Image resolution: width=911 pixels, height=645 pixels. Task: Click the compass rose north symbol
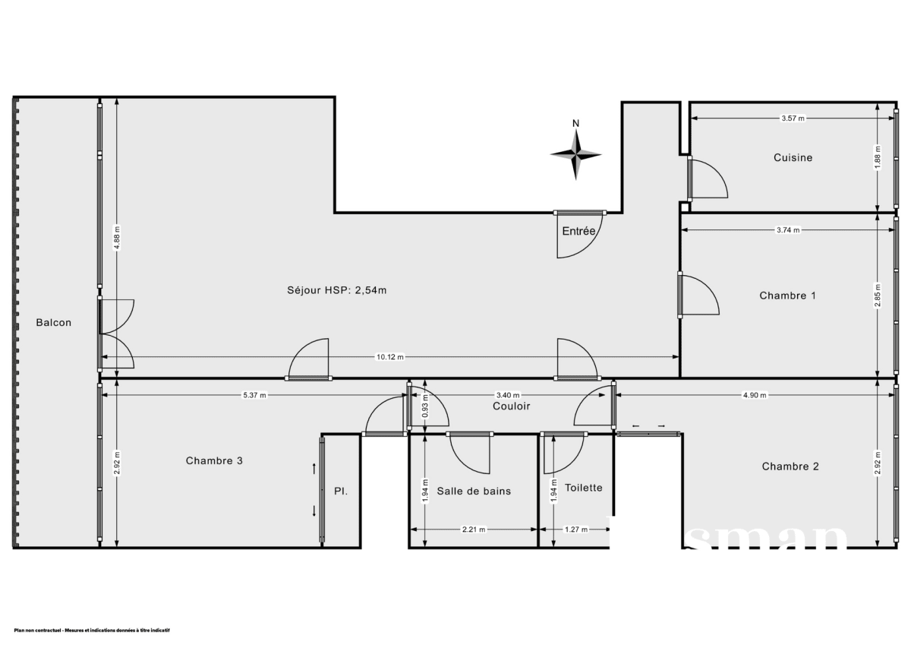click(x=576, y=153)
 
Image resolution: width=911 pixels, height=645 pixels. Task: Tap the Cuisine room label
click(x=793, y=158)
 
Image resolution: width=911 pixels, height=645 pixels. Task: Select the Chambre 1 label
click(x=787, y=296)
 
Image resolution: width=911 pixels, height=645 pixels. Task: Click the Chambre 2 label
click(x=790, y=466)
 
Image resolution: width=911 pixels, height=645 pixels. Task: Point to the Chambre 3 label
click(x=214, y=460)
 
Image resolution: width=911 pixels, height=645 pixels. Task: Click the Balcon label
click(x=54, y=322)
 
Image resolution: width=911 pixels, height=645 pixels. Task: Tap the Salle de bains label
click(x=474, y=491)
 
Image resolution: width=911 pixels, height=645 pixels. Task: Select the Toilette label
click(x=583, y=488)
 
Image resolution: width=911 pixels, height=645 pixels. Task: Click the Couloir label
click(x=511, y=406)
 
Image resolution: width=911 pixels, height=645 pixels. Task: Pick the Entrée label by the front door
click(x=578, y=232)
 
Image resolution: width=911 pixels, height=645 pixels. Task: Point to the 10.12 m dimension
click(x=390, y=357)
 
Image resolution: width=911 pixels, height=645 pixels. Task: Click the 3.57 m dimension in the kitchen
click(x=792, y=119)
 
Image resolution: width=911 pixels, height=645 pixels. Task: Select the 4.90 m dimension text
click(x=754, y=395)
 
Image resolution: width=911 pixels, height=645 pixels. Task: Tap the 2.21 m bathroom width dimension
click(x=473, y=530)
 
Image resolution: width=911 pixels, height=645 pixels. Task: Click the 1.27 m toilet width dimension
click(x=575, y=530)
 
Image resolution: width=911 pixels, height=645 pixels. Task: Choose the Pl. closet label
click(x=341, y=492)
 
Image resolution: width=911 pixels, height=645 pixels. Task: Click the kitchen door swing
click(x=708, y=179)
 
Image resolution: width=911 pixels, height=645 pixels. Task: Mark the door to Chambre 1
click(x=698, y=295)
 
